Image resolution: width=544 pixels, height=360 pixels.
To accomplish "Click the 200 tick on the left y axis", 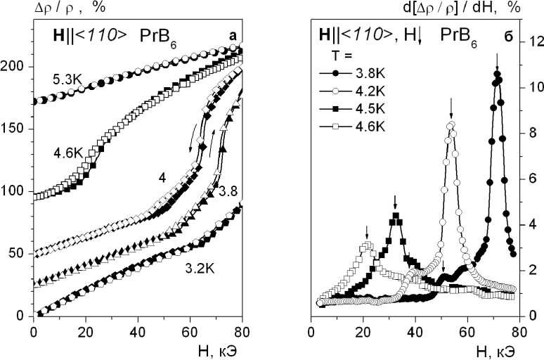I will pos(18,66).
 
